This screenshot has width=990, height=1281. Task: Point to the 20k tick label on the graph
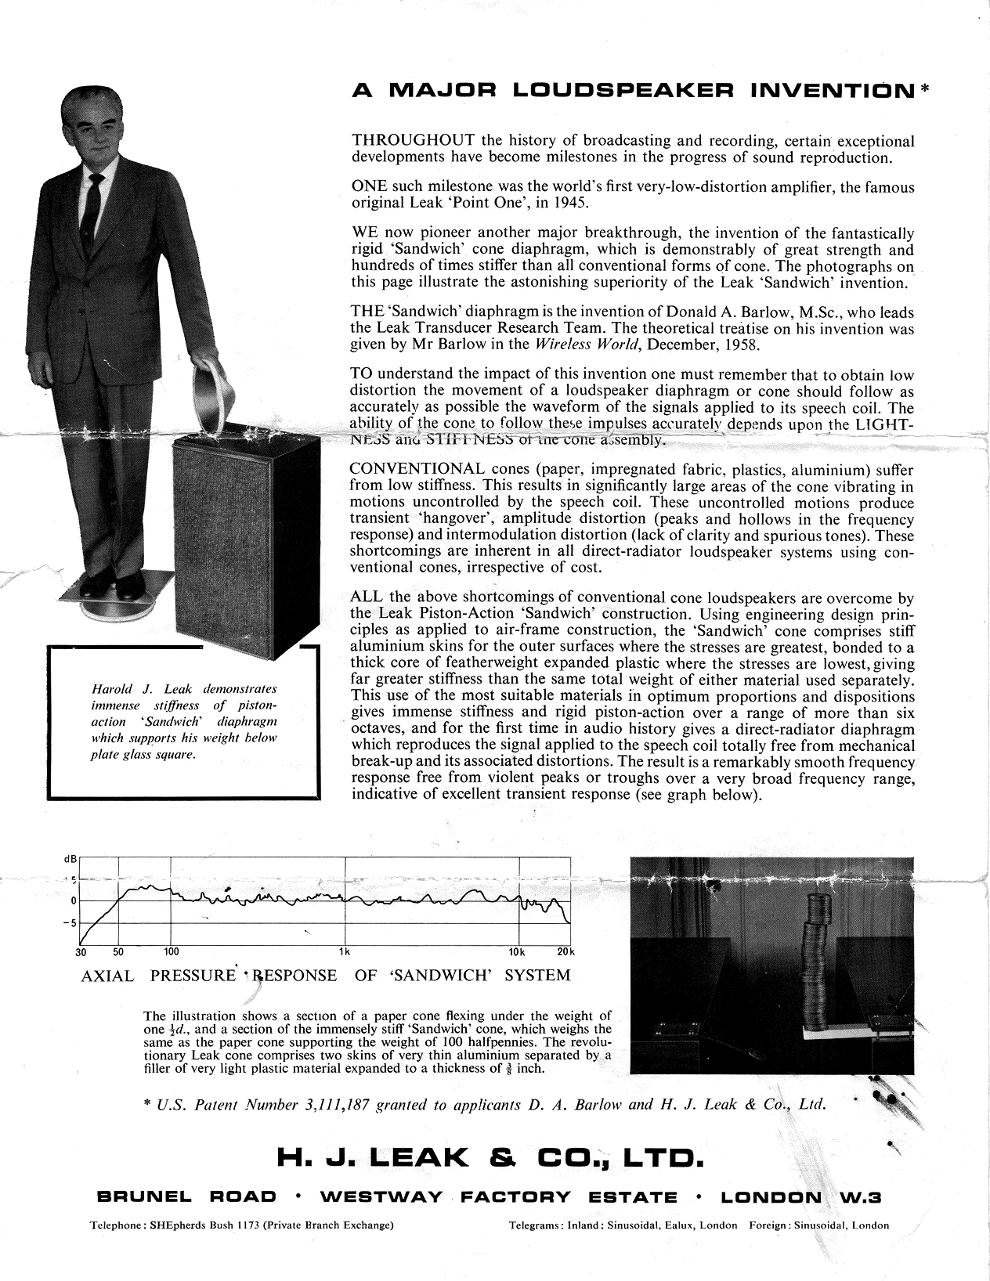tap(565, 952)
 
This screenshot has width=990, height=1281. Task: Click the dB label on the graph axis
tap(68, 859)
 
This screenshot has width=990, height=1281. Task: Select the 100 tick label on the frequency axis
tap(172, 952)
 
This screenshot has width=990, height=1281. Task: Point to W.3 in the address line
tap(860, 1197)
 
